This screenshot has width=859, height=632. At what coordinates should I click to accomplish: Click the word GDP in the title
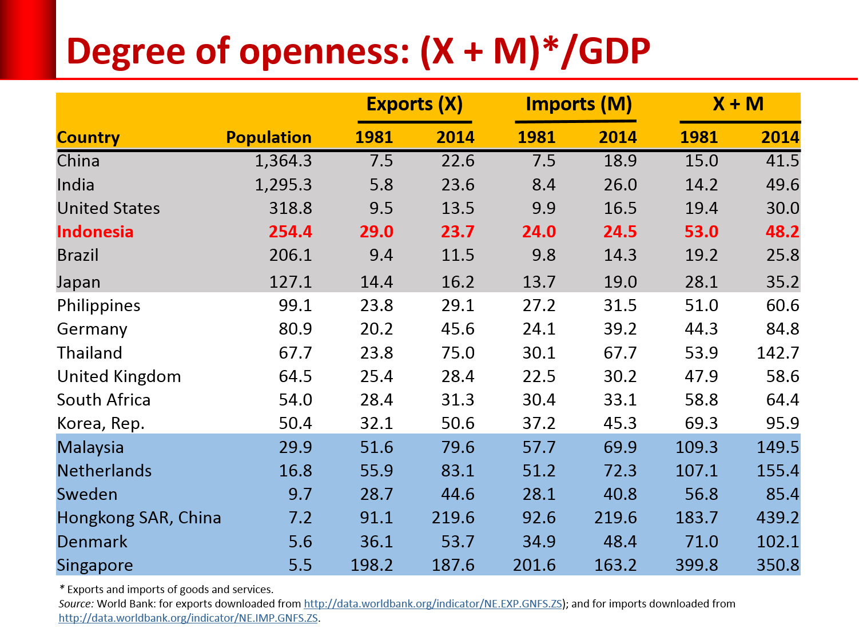click(x=614, y=51)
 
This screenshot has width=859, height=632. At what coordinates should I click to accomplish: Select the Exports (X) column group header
click(x=414, y=104)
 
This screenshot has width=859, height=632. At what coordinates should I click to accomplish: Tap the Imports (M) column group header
click(x=578, y=104)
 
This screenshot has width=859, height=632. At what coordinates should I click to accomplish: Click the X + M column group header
click(x=738, y=104)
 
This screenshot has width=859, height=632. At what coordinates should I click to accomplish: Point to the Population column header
click(x=268, y=137)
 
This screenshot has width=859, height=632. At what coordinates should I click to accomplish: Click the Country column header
click(x=89, y=138)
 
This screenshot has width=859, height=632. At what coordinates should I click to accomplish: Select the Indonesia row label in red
click(x=96, y=232)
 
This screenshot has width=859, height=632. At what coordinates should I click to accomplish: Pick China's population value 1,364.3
click(x=283, y=161)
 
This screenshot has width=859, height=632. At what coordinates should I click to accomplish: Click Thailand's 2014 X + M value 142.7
click(x=777, y=353)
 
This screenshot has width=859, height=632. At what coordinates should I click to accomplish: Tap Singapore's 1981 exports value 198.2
click(x=372, y=565)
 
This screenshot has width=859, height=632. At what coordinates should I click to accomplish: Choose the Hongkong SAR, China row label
click(x=139, y=518)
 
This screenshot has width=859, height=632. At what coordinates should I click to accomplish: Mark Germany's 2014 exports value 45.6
click(x=458, y=329)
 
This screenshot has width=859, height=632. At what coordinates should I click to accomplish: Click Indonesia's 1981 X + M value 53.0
click(x=701, y=232)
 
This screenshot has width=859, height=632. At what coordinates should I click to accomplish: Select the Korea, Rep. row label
click(x=101, y=423)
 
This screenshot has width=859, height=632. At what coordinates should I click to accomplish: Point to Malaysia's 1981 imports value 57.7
click(x=539, y=447)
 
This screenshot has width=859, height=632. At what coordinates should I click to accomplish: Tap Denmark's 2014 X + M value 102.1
click(x=777, y=542)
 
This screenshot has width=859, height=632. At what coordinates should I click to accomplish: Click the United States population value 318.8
click(x=291, y=208)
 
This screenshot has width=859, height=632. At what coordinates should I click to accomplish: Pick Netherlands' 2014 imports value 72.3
click(x=620, y=471)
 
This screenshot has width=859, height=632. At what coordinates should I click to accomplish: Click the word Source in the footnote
click(x=76, y=604)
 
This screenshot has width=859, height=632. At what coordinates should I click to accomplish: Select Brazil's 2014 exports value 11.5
click(x=458, y=255)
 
